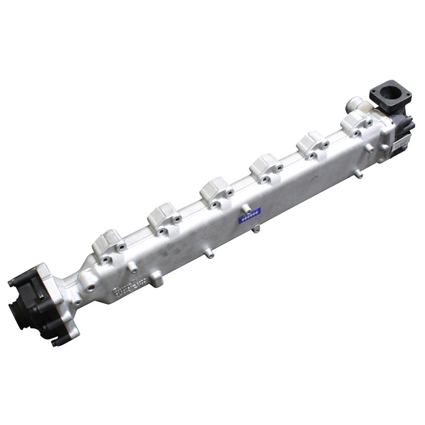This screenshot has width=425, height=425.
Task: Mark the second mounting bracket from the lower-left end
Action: [162, 215]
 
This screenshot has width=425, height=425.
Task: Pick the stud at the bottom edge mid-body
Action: [209, 254]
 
